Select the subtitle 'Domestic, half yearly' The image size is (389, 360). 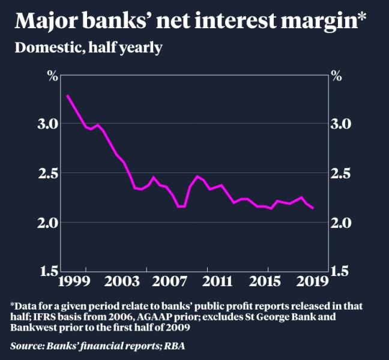tap(88, 47)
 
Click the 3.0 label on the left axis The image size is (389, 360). tap(50, 124)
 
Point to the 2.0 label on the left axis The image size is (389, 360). tap(50, 223)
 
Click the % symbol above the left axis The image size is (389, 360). tap(52, 76)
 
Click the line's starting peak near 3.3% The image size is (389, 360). tap(67, 95)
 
